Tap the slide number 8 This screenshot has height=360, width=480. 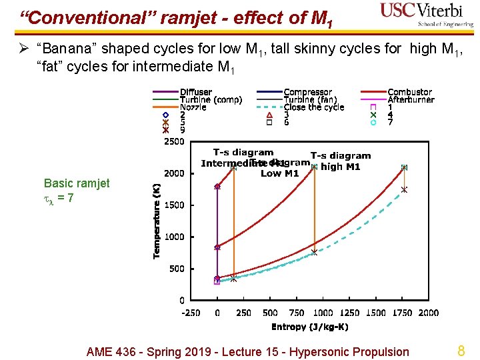tap(460, 351)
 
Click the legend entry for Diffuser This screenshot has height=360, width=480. tap(195, 92)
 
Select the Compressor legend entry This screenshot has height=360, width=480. tap(307, 92)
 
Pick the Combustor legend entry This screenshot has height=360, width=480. tap(409, 92)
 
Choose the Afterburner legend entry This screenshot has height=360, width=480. tap(411, 100)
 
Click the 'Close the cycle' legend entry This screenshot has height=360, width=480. tap(314, 107)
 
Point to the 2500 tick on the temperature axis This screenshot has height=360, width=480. tap(174, 141)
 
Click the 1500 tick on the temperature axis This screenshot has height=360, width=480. tap(174, 205)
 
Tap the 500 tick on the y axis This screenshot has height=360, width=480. tap(177, 269)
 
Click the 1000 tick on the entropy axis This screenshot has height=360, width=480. tap(323, 313)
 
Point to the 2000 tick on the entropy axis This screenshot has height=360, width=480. tap(429, 313)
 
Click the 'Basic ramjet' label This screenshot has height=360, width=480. tap(77, 183)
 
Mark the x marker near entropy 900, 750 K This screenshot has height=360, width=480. tap(314, 253)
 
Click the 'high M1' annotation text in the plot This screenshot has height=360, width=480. tap(341, 167)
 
